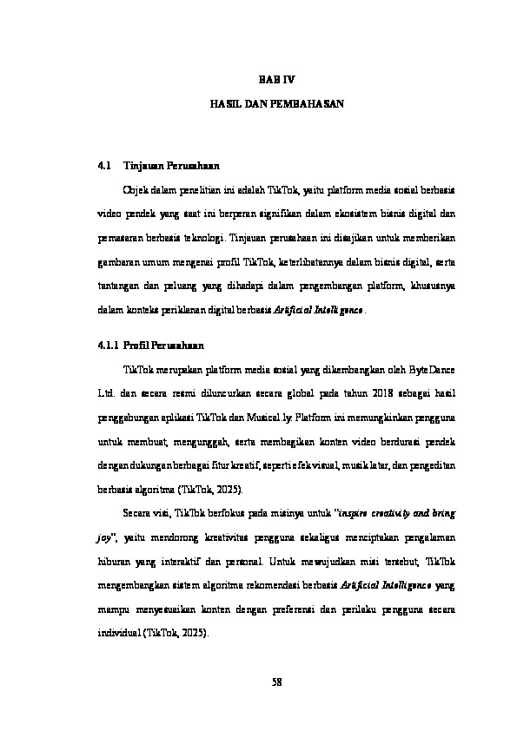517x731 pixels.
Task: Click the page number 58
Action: click(x=278, y=682)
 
